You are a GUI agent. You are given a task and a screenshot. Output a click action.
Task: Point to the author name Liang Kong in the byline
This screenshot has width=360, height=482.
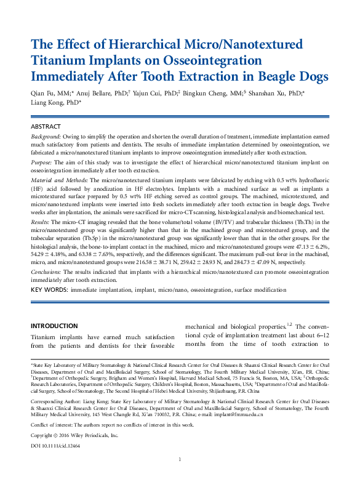(49, 103)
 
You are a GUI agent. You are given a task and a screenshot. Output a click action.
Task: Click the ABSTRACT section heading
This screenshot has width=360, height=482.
(46, 126)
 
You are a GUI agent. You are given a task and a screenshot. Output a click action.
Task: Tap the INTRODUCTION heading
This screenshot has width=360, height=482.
(54, 326)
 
